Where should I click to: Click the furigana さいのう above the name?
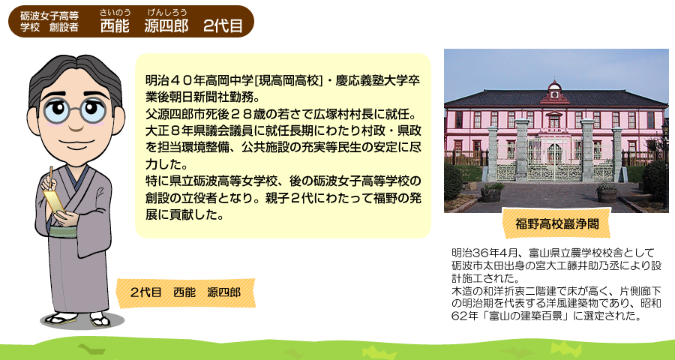click(x=115, y=12)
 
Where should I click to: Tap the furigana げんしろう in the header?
click(x=167, y=12)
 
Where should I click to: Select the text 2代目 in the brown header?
click(x=223, y=26)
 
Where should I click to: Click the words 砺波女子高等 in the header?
click(x=49, y=16)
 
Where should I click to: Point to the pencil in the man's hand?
click(x=51, y=177)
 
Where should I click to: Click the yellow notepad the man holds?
click(x=54, y=202)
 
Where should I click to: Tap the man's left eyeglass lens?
click(x=56, y=109)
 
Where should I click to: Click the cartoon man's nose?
click(x=76, y=124)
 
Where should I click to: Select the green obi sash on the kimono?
click(x=63, y=232)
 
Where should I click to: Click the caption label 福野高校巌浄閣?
click(x=556, y=224)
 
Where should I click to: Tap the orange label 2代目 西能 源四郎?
click(x=185, y=292)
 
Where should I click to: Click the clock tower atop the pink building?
click(x=554, y=91)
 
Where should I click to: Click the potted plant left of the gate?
click(x=490, y=192)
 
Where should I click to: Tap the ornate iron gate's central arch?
click(x=554, y=152)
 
